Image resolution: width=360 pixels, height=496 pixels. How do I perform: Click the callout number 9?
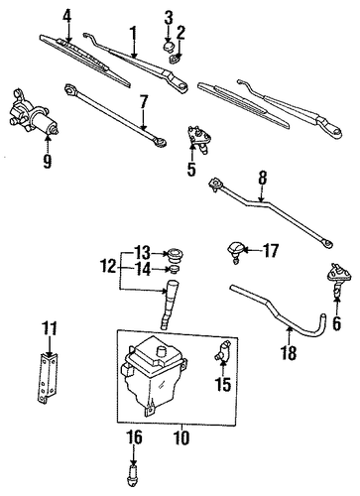click(x=48, y=161)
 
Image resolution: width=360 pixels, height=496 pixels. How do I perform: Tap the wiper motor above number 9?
click(x=33, y=113)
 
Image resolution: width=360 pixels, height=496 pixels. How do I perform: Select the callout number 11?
click(x=50, y=328)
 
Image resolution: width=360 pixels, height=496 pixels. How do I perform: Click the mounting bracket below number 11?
click(x=47, y=378)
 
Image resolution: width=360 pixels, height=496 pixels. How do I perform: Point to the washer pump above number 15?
click(x=222, y=351)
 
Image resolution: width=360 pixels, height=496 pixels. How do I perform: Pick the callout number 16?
click(x=134, y=437)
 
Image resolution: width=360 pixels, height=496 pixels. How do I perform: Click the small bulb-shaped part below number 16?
click(x=133, y=475)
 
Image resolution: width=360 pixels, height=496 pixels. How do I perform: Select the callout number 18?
click(x=289, y=353)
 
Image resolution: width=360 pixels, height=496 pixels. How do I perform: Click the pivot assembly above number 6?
click(x=338, y=277)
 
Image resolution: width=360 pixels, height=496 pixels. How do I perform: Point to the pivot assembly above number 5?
click(x=200, y=139)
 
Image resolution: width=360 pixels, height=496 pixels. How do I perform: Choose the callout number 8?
click(x=262, y=179)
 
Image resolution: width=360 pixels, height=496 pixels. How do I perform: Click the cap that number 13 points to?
click(x=175, y=254)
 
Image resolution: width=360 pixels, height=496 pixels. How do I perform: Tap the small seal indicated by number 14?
click(x=175, y=269)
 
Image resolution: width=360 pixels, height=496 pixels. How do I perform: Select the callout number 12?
click(x=108, y=266)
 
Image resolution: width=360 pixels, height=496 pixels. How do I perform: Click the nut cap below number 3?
click(x=169, y=46)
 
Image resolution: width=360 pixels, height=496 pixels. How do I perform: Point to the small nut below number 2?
click(x=175, y=59)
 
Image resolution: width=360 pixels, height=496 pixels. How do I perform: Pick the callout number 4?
click(x=67, y=16)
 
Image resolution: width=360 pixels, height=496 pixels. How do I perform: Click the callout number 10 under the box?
click(x=181, y=437)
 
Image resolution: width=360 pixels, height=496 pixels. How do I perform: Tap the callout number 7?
click(x=143, y=103)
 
